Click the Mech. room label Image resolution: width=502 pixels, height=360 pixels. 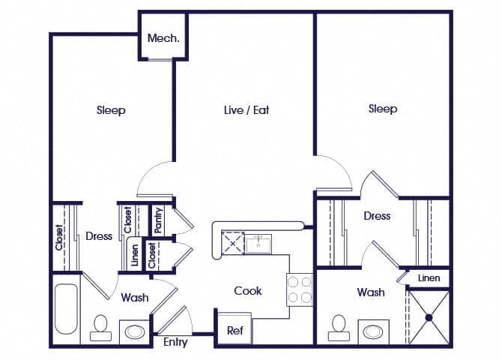click(163, 39)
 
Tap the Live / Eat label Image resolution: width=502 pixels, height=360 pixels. click(247, 110)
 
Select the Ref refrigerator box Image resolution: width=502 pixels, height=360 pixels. click(235, 330)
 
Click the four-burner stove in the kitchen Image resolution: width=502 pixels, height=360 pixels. click(299, 289)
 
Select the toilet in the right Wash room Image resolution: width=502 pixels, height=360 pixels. click(339, 327)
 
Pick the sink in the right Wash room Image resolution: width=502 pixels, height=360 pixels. click(373, 330)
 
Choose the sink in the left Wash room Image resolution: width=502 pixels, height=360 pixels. click(134, 331)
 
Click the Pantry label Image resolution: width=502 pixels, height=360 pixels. click(159, 219)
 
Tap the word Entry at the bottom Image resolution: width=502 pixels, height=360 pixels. click(175, 343)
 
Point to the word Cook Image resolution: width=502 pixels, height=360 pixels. click(248, 290)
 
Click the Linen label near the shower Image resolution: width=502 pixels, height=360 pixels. click(429, 278)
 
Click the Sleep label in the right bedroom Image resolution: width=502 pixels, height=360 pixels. click(382, 109)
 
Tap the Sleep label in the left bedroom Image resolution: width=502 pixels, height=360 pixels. click(111, 111)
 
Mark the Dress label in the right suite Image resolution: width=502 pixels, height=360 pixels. click(377, 216)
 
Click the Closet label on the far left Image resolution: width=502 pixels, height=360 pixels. click(59, 237)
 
